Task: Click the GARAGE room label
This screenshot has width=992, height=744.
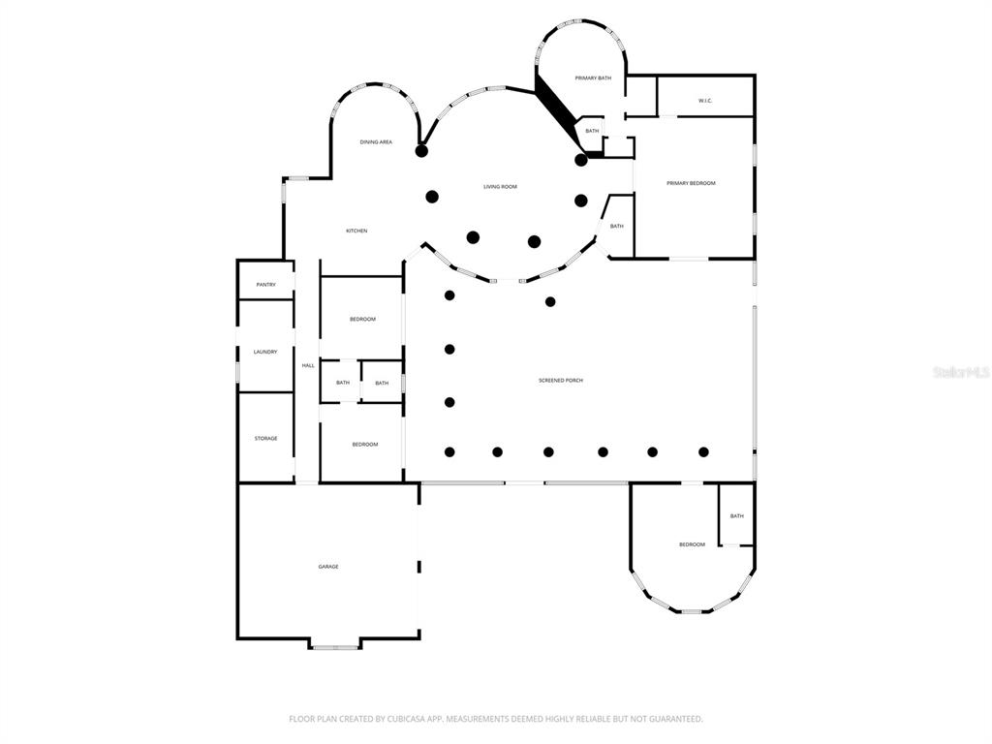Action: pos(328,567)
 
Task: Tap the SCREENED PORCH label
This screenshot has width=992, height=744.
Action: pos(560,381)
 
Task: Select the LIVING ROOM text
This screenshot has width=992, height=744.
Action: pos(500,187)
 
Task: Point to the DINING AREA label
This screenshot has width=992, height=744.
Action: pos(376,142)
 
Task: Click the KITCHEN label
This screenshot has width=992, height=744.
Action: pos(356,231)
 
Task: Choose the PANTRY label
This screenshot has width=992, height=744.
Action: pos(265,285)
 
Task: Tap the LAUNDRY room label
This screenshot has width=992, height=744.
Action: pos(265,352)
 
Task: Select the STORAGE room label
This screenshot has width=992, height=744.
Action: pos(265,439)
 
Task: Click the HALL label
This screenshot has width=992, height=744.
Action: pos(308,365)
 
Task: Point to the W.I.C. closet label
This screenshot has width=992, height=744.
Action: pos(705,101)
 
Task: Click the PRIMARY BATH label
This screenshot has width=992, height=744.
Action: pos(593,78)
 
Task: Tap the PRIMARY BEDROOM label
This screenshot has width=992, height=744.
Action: pos(691,183)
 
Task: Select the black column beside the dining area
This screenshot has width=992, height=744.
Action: pos(421,151)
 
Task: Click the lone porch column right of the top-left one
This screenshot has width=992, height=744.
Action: pos(550,301)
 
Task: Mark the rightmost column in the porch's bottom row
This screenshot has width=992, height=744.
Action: pos(703,451)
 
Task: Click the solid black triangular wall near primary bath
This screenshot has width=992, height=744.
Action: pos(556,108)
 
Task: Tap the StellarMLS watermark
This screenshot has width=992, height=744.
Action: pos(960,372)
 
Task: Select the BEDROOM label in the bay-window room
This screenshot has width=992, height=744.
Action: pos(692,544)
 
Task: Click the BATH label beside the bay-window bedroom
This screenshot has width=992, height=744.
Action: pos(736,516)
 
